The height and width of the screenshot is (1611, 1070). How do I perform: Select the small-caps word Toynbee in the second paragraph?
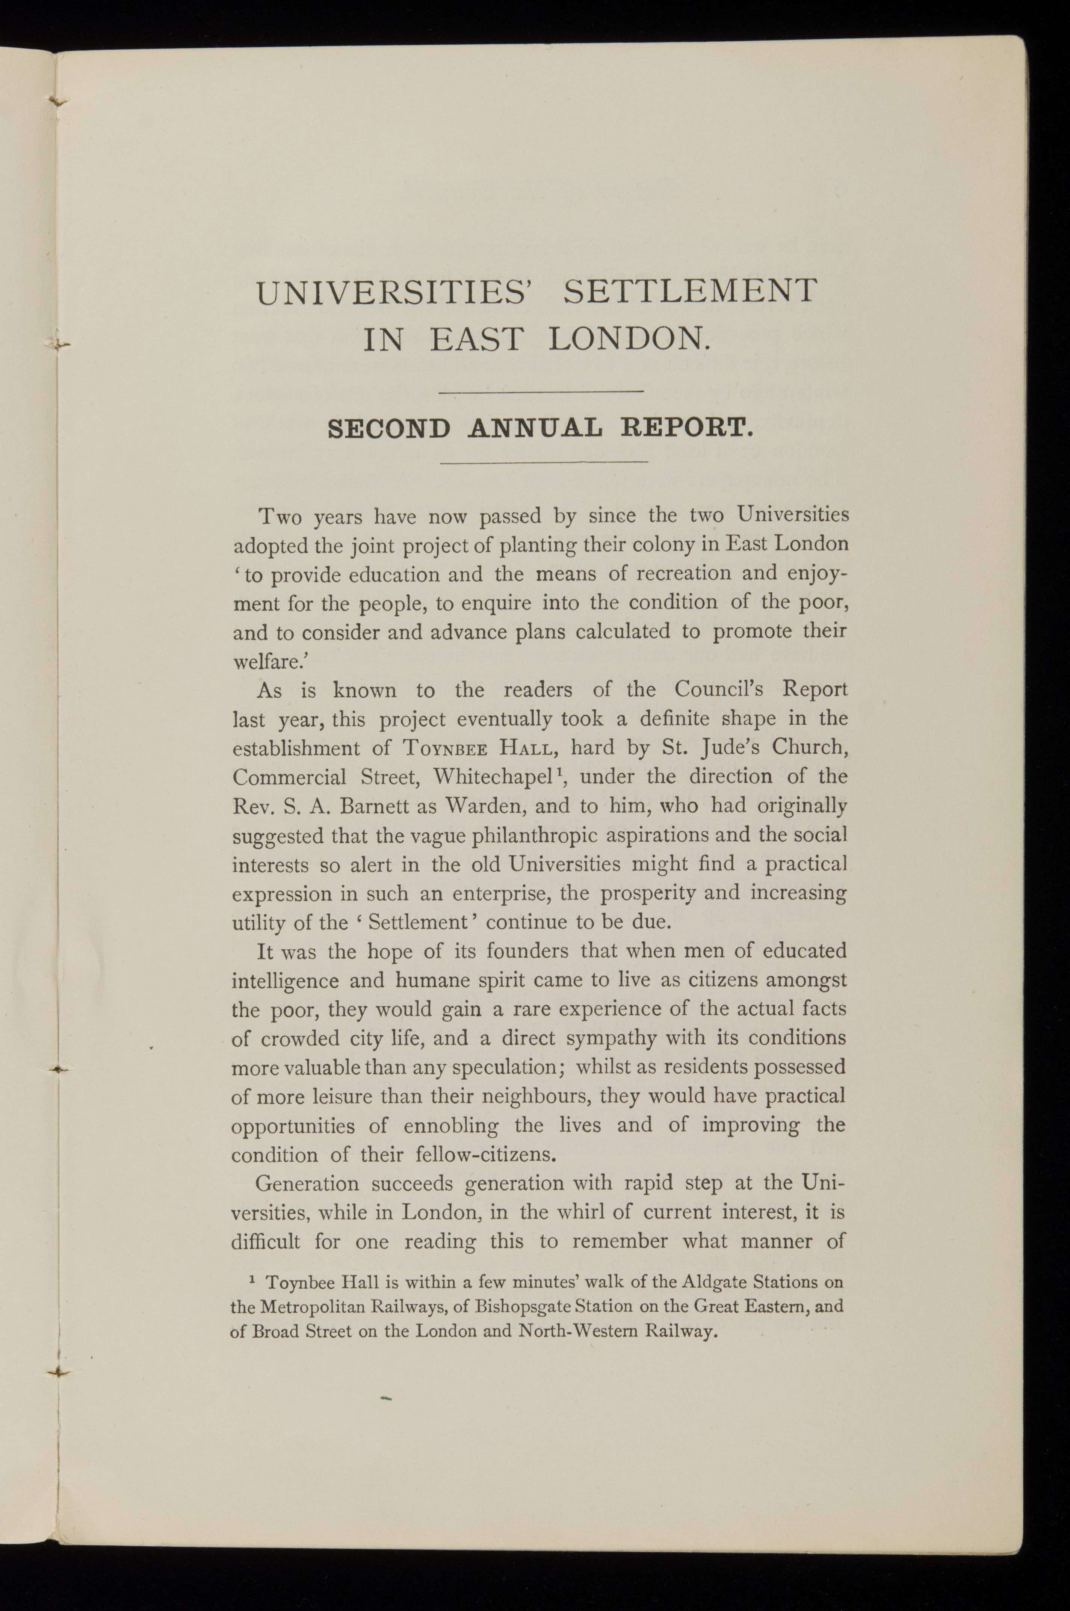[x=445, y=748]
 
